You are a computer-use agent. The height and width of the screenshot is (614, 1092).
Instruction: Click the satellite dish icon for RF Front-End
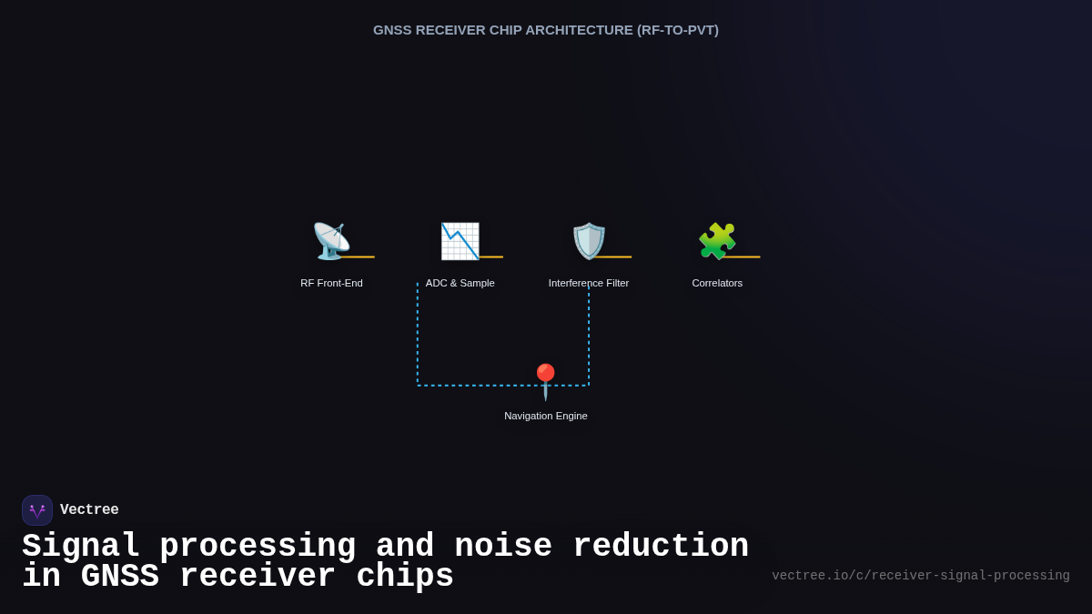click(x=330, y=241)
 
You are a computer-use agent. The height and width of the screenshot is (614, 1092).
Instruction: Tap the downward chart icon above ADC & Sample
click(x=460, y=241)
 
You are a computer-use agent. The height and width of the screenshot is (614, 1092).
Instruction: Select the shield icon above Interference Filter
click(x=589, y=241)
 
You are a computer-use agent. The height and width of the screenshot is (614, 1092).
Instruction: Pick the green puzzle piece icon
click(x=717, y=241)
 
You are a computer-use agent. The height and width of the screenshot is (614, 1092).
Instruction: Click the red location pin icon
click(x=545, y=381)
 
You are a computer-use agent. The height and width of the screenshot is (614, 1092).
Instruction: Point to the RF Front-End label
click(x=331, y=283)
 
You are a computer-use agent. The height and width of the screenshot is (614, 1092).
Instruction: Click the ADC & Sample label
click(x=460, y=283)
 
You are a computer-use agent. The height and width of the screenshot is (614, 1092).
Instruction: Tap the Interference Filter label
click(x=589, y=283)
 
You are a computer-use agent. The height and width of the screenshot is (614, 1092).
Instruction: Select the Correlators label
click(x=717, y=283)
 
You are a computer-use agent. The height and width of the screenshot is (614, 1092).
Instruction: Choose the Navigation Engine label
click(x=546, y=416)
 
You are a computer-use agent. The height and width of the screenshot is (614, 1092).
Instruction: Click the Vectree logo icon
click(x=37, y=510)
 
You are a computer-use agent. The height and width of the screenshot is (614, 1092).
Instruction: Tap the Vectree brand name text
click(x=89, y=510)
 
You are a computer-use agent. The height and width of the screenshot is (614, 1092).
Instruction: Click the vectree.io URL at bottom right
click(x=921, y=576)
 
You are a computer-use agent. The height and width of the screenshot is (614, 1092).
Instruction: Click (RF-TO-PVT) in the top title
click(x=678, y=30)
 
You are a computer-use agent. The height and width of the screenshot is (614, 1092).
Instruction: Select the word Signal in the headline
click(x=80, y=547)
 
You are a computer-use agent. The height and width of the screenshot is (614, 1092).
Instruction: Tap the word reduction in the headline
click(x=651, y=547)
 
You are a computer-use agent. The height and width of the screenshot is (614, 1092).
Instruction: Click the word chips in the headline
click(x=405, y=577)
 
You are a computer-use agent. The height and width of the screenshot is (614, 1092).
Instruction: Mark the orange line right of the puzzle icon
click(x=743, y=257)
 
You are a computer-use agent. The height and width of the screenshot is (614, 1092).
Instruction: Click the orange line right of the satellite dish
click(x=358, y=257)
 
